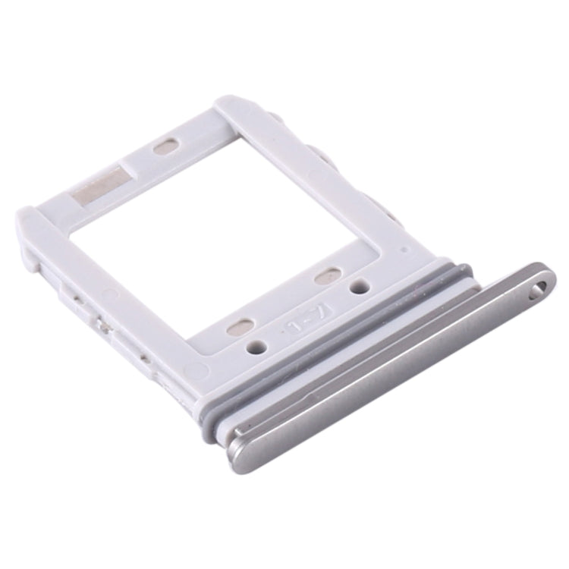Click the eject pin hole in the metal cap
coord(539,287)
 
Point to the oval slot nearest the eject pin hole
coord(327,278)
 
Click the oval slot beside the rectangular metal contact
coord(165,146)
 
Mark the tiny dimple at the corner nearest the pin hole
coord(404,248)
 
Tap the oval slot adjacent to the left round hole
coord(240,326)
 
